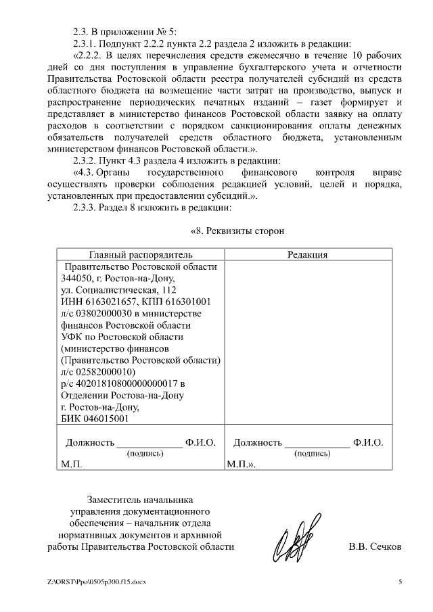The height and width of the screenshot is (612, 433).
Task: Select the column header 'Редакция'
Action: [x=307, y=254]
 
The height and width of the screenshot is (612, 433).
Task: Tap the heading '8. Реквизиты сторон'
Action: [x=237, y=231]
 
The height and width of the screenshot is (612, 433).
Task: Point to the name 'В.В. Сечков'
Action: [x=375, y=546]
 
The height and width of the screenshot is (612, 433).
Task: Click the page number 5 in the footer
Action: [x=400, y=582]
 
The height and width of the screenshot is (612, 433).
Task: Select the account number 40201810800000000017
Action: [x=127, y=383]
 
